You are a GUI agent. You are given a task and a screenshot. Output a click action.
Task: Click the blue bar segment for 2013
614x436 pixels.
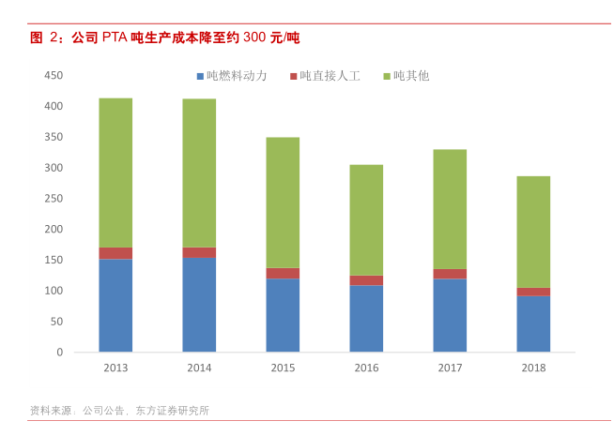coord(115,306)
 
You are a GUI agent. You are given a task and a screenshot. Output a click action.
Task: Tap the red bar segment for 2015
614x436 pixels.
coord(283,274)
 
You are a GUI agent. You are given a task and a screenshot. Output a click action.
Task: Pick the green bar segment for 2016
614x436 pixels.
coord(366,220)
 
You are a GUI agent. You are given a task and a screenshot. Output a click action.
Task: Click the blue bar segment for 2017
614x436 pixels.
coord(450,316)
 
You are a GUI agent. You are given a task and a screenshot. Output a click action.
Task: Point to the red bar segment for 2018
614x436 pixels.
coord(533,292)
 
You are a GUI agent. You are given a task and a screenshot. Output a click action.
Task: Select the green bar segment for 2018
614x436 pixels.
coord(533,232)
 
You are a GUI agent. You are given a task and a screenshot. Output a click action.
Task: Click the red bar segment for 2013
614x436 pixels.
coord(115,253)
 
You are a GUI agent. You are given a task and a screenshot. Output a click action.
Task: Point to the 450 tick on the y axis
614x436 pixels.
coord(54,76)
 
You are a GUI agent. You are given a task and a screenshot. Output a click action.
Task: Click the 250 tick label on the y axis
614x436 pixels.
coord(54,199)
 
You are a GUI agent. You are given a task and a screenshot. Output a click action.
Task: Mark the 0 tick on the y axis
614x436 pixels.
coord(59,353)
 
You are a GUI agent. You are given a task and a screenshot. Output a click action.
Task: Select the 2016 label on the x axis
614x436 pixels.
coord(366,368)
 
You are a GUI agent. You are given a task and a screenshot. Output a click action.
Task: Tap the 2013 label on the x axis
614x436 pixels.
coord(115,368)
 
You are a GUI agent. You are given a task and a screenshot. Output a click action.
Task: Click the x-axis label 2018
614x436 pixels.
coord(533,368)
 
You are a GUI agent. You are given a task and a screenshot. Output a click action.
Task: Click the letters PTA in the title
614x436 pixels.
coord(115,38)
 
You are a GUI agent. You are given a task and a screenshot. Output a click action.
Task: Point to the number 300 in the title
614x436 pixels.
coord(253,38)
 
